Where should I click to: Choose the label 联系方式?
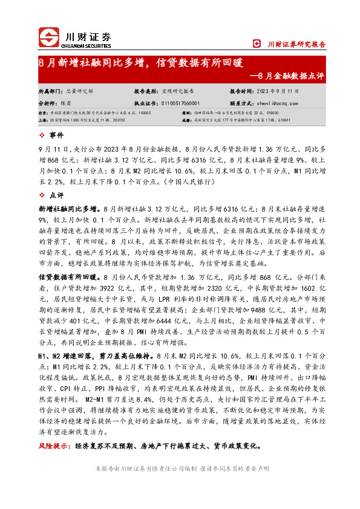pos(242,103)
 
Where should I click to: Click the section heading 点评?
pos(56,196)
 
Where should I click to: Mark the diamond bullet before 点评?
pos(41,196)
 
